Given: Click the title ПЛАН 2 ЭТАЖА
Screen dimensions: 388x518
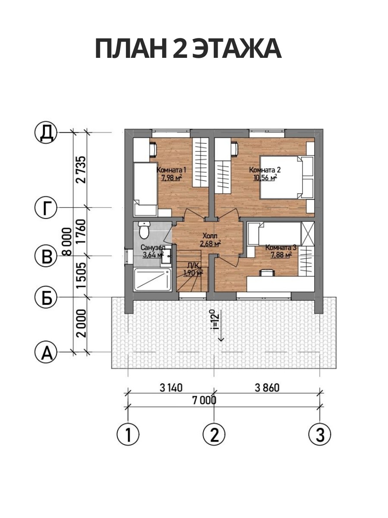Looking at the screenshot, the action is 188,49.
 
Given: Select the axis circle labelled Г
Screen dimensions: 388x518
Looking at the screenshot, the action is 47,208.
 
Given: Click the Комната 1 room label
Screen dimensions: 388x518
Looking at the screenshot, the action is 172,170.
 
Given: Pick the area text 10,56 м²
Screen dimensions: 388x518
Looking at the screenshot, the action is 265,177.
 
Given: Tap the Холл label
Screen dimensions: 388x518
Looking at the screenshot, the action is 210,236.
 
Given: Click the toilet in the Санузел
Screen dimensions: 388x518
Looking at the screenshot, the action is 144,230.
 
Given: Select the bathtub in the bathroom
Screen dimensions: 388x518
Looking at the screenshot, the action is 153,280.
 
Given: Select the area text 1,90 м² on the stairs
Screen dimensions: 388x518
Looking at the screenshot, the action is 193,273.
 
